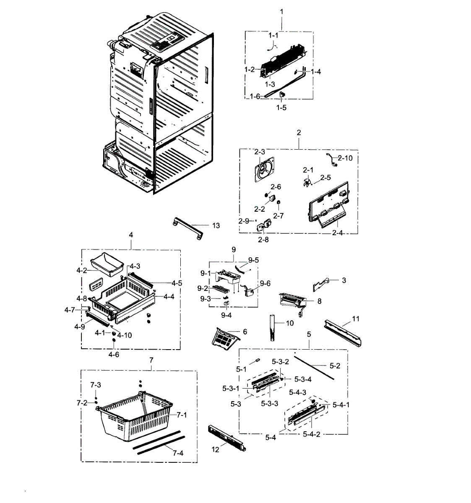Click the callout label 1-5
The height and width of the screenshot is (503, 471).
click(281, 108)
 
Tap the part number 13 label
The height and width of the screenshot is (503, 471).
click(216, 226)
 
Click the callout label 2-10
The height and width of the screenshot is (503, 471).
click(345, 158)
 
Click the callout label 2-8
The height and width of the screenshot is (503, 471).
click(263, 240)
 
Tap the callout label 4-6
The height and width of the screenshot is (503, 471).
click(114, 355)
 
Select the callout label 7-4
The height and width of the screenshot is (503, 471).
click(178, 453)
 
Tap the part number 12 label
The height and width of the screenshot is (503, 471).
click(215, 450)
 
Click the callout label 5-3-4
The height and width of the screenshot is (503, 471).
click(303, 380)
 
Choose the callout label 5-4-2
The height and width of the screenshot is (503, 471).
click(312, 434)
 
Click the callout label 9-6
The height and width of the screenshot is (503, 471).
click(265, 283)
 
